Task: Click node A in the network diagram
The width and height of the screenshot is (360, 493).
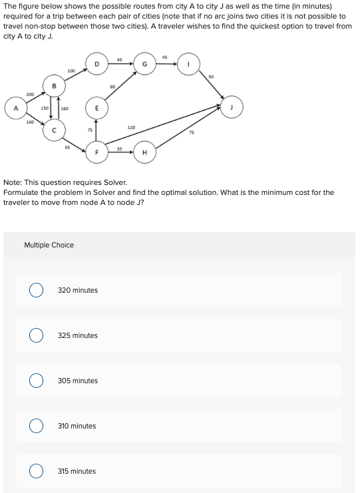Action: click(15, 108)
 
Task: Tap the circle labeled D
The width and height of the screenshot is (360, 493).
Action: click(96, 64)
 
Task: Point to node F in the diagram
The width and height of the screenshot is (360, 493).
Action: click(96, 152)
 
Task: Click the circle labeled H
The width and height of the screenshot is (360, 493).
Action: click(144, 152)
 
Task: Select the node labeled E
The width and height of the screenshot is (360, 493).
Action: click(96, 108)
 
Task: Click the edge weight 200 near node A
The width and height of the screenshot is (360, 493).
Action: click(30, 94)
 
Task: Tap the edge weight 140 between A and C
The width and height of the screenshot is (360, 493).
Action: click(30, 122)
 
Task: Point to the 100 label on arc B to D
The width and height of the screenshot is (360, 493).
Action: click(71, 71)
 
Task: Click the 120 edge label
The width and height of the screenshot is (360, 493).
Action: click(131, 127)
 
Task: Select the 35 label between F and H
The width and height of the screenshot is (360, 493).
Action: click(120, 148)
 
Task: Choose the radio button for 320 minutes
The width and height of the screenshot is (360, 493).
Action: click(36, 290)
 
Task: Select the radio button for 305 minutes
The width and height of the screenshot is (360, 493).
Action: click(36, 381)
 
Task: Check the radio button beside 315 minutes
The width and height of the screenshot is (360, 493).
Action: click(36, 471)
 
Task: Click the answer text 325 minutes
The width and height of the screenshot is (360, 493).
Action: click(77, 335)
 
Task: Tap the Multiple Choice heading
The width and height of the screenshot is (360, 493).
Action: click(49, 245)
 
